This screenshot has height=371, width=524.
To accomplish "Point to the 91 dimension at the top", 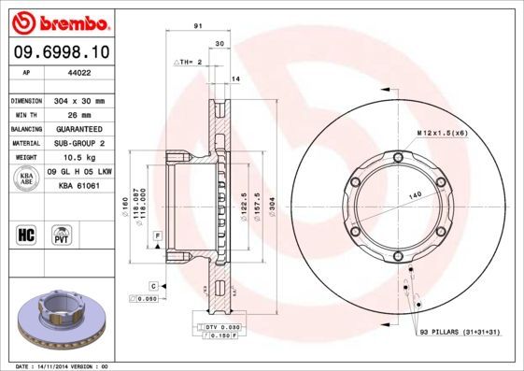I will tap(198, 27).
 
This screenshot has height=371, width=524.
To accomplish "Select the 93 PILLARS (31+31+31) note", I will tap(461, 332).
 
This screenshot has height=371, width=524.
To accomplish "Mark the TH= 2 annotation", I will tap(190, 62).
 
